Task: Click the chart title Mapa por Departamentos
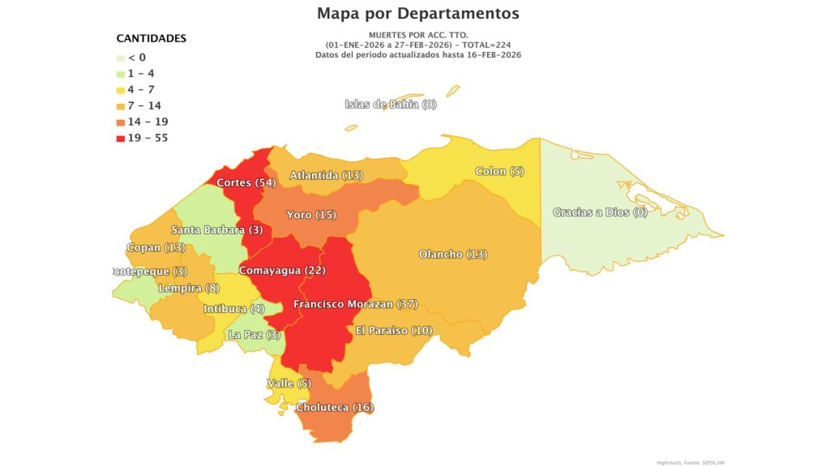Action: pos(417,14)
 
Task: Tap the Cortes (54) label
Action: pos(246,182)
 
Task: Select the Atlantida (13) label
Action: pos(326,175)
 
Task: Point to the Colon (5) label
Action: pos(500,171)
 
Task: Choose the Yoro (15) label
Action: pos(311,215)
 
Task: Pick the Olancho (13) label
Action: pos(452,254)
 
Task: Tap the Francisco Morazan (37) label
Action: pos(355,304)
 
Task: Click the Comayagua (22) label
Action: pos(281,269)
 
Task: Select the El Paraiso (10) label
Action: pos(394,330)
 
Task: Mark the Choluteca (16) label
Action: pos(334,407)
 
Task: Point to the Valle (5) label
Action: pos(289,383)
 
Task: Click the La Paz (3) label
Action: pos(255,334)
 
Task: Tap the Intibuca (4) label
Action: pos(233,308)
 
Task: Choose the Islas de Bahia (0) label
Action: pos(391,104)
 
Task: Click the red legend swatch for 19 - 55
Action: pos(121,138)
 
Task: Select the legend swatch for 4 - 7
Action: pos(121,89)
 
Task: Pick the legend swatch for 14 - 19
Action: pos(121,122)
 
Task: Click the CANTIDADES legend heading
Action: pos(152,38)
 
